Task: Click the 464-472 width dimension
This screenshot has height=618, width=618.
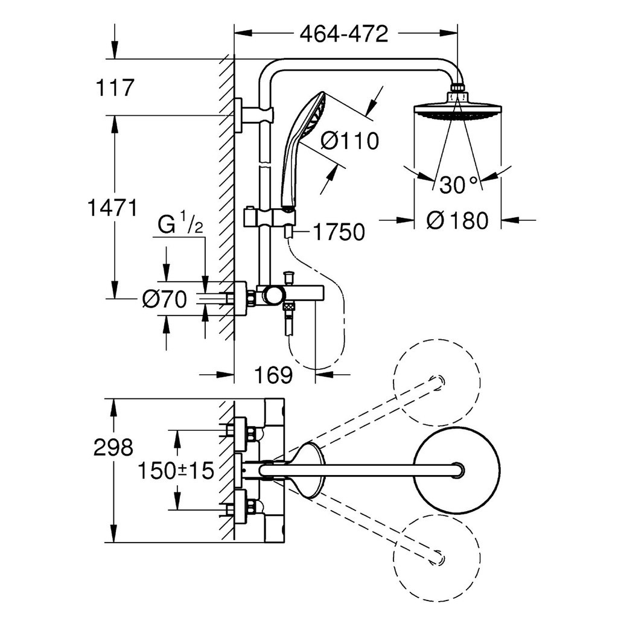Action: click(x=343, y=34)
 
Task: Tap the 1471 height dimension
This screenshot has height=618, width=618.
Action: click(x=112, y=208)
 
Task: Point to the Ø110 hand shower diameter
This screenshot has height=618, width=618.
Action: click(x=349, y=140)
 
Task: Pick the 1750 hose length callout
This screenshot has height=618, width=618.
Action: click(x=339, y=232)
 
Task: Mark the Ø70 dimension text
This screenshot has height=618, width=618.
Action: click(x=164, y=299)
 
